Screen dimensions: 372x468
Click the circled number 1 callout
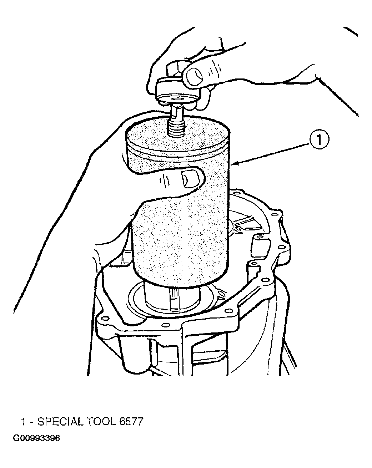point(319,139)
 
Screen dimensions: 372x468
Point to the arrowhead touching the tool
point(236,163)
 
